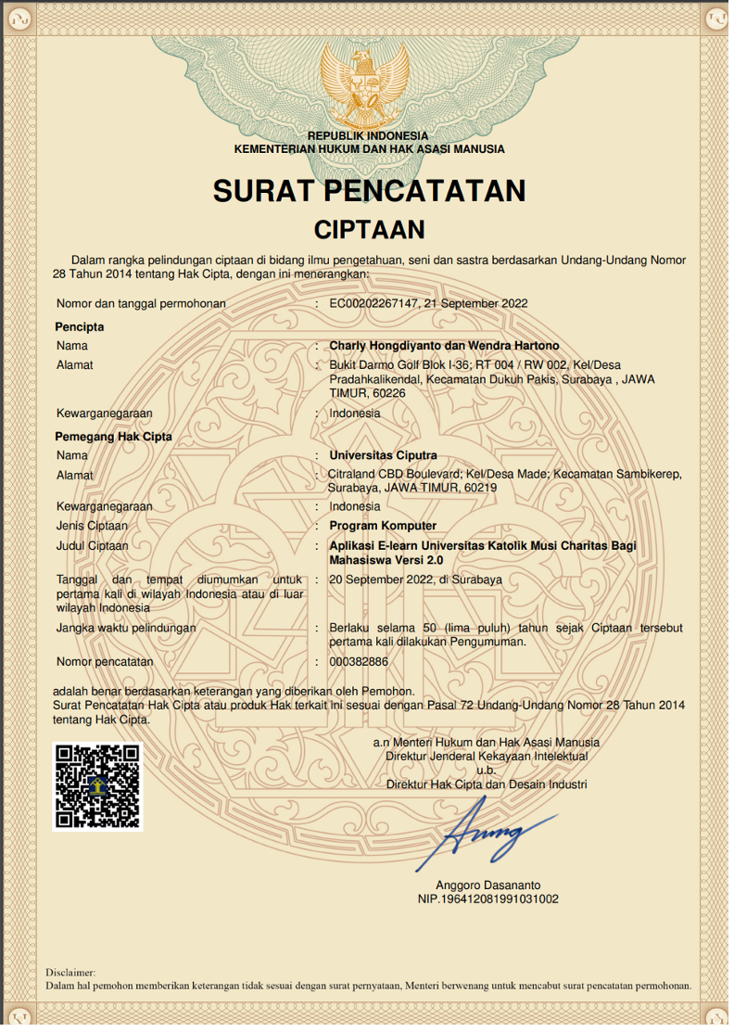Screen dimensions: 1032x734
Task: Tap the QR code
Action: [97, 785]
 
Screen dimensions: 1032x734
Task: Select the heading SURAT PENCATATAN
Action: [369, 191]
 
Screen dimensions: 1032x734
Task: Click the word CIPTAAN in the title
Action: [369, 229]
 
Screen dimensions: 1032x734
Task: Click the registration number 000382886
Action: [359, 662]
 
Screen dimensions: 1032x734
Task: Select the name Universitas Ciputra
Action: [383, 455]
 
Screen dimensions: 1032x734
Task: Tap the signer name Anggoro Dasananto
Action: [487, 885]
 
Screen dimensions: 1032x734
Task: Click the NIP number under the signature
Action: [487, 898]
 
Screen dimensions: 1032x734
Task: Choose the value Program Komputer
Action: [383, 526]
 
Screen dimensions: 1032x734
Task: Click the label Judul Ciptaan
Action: [92, 546]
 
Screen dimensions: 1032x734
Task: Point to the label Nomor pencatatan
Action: [104, 662]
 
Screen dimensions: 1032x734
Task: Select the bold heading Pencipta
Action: [79, 326]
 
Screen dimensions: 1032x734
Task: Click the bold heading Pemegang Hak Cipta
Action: [113, 436]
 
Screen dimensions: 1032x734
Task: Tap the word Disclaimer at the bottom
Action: [70, 972]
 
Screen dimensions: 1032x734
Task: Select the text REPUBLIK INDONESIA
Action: [369, 136]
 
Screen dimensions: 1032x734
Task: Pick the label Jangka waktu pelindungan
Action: [125, 628]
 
